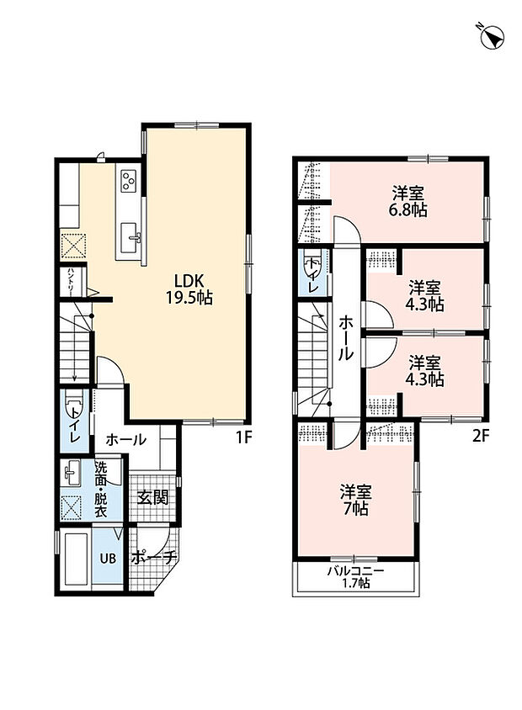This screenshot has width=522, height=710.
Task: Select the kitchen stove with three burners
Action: (x=128, y=180)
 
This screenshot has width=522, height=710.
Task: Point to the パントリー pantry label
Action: (x=71, y=281)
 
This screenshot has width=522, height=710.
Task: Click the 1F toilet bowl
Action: (x=73, y=404)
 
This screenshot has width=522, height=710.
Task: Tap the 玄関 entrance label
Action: (x=152, y=498)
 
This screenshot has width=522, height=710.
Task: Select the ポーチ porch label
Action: (x=153, y=558)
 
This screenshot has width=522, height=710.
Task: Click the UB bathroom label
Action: (x=108, y=559)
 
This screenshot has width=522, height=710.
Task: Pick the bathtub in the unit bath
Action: (x=76, y=559)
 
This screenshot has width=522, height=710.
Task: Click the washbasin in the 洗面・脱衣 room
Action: (x=71, y=473)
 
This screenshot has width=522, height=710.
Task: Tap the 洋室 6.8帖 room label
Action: (x=407, y=202)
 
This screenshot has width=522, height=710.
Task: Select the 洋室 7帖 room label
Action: (x=355, y=501)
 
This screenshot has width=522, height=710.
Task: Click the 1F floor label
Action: (x=242, y=437)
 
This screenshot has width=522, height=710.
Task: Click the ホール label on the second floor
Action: (x=346, y=338)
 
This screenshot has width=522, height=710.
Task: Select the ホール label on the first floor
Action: (x=126, y=439)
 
